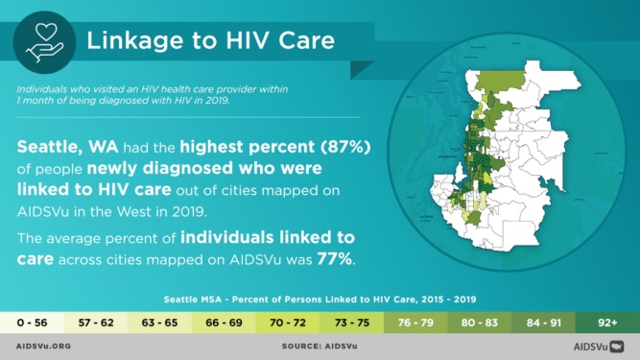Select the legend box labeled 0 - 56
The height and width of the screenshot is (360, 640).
click(x=32, y=321)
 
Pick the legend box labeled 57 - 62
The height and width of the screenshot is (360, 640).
click(x=96, y=321)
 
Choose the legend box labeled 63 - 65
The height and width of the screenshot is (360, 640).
click(x=160, y=321)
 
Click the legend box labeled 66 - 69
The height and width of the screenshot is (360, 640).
click(x=224, y=321)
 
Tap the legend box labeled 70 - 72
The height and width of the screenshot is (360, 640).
click(x=288, y=321)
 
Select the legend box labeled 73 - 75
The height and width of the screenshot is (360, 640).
click(x=352, y=321)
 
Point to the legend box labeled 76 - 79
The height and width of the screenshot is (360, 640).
click(x=415, y=321)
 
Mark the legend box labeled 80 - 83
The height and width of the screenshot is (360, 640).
click(x=480, y=321)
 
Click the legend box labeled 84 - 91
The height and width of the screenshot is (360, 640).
click(x=543, y=321)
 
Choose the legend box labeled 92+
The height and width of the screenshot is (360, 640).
click(x=607, y=321)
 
